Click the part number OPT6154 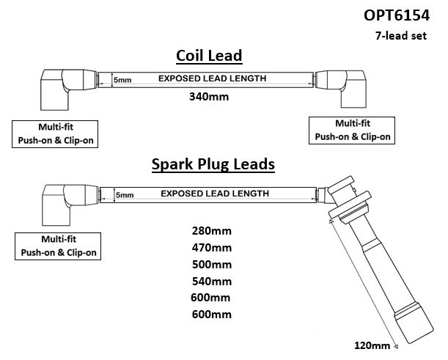(x=402, y=15)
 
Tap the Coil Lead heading (x=209, y=56)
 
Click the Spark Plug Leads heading (x=213, y=164)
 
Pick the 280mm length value (x=211, y=231)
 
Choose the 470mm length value (x=211, y=248)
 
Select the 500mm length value (x=211, y=265)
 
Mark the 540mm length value (x=211, y=282)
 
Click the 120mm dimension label (x=371, y=345)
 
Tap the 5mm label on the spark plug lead (x=125, y=195)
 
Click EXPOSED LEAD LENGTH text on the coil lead (x=213, y=78)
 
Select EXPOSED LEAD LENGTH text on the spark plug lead (x=213, y=194)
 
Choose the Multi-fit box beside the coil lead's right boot (x=353, y=130)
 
